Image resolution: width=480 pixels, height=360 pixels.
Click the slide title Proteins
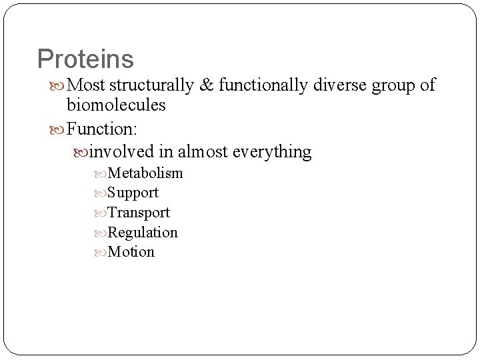(x=85, y=59)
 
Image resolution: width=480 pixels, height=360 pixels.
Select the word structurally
(x=151, y=85)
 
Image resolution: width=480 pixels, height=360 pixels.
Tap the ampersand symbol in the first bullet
(x=207, y=85)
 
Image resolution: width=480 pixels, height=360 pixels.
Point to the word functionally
(x=263, y=85)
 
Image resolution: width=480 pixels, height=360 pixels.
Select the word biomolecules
(x=116, y=105)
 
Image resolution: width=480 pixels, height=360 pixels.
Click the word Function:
(x=102, y=129)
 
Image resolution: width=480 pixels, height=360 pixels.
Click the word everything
(x=271, y=152)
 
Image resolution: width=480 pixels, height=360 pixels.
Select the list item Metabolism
(x=145, y=173)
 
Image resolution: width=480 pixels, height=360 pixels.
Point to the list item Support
(x=133, y=193)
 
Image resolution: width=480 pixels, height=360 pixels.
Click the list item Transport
(x=139, y=213)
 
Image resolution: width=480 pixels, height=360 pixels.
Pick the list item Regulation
(x=143, y=233)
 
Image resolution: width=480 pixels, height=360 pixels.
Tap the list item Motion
(x=131, y=252)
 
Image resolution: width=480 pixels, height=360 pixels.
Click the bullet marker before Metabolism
(x=101, y=174)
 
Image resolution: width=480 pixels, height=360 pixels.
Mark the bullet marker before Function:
(x=59, y=129)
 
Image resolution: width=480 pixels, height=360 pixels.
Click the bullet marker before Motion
(x=101, y=253)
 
